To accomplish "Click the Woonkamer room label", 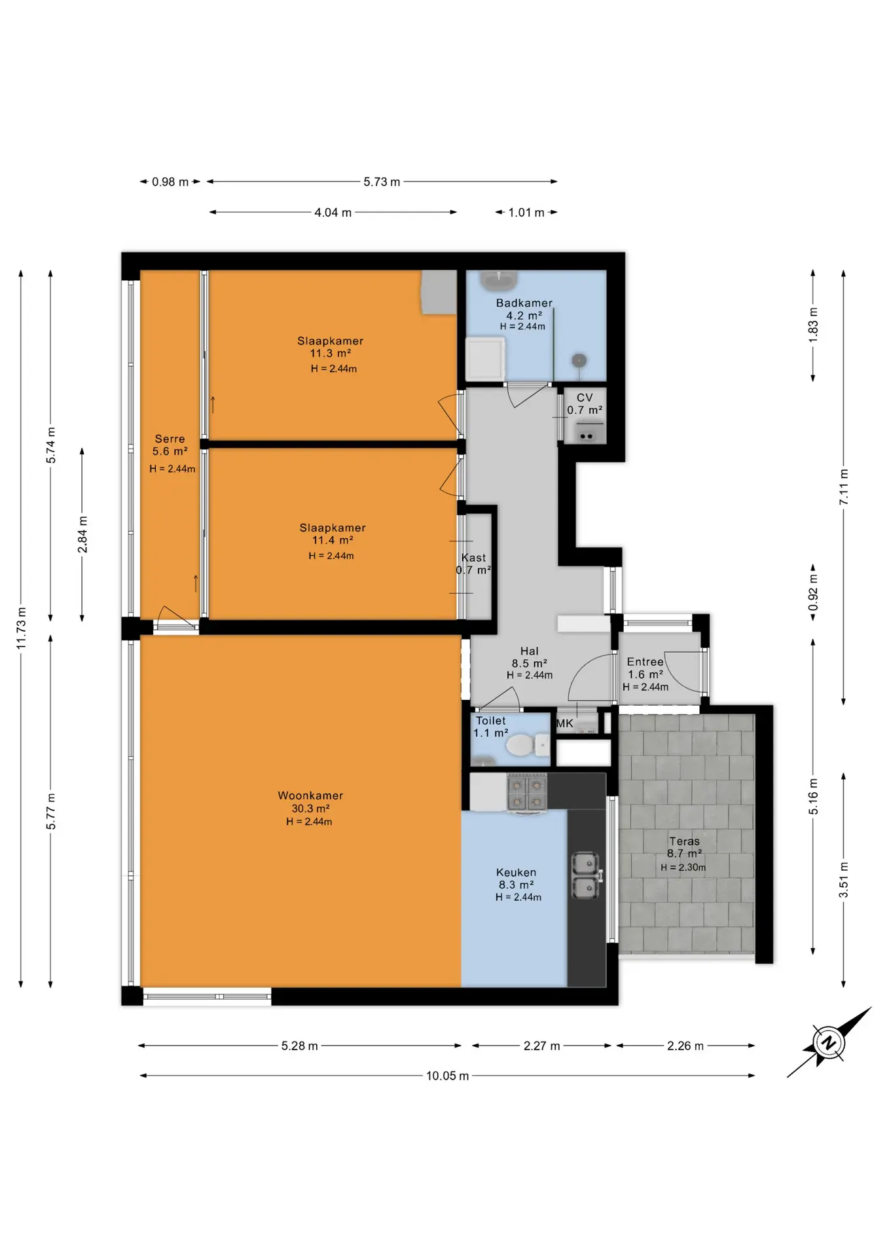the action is pyautogui.click(x=310, y=795).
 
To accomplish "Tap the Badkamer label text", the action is pyautogui.click(x=524, y=303).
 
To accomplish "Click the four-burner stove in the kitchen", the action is pyautogui.click(x=527, y=793).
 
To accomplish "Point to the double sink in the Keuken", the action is pyautogui.click(x=587, y=875).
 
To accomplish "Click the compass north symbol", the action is pyautogui.click(x=829, y=1042).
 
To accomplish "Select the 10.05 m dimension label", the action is pyautogui.click(x=447, y=1076).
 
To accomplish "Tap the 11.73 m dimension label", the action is pyautogui.click(x=21, y=628).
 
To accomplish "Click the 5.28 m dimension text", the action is pyautogui.click(x=300, y=1046).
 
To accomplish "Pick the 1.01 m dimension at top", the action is pyautogui.click(x=526, y=212).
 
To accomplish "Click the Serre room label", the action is pyautogui.click(x=170, y=439).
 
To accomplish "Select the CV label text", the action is pyautogui.click(x=585, y=397).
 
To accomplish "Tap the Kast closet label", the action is pyautogui.click(x=473, y=558).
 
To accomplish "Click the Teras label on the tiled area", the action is pyautogui.click(x=684, y=841).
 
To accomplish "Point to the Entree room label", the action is pyautogui.click(x=645, y=662).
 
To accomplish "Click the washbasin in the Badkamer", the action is pyautogui.click(x=499, y=281).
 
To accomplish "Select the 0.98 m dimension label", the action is pyautogui.click(x=170, y=182).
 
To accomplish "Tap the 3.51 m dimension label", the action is pyautogui.click(x=844, y=880).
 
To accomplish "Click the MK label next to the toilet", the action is pyautogui.click(x=564, y=723).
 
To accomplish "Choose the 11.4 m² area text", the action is pyautogui.click(x=333, y=540).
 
